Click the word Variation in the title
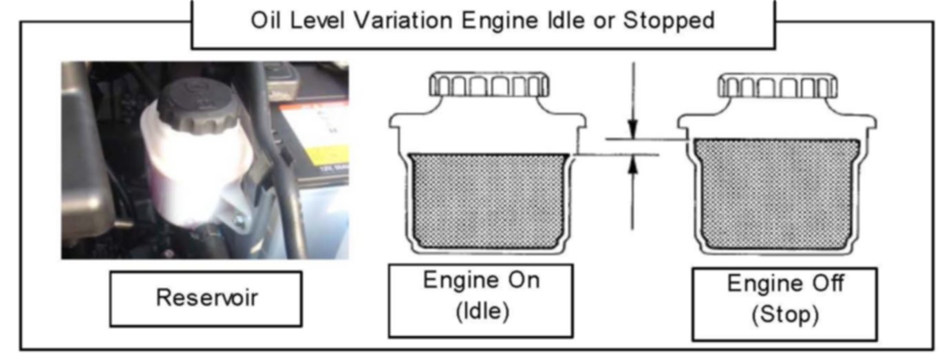(x=386, y=22)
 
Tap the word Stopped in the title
(x=668, y=22)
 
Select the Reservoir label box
(x=205, y=298)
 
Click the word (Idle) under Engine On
(x=481, y=309)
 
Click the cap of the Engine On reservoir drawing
(x=489, y=86)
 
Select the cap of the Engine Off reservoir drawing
(x=778, y=86)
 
